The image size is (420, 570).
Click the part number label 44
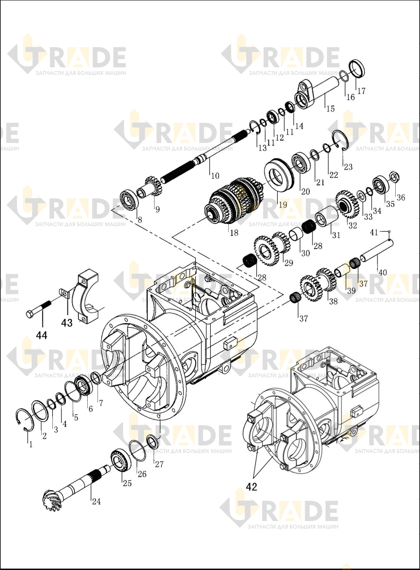coord(42,334)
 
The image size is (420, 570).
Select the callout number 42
coord(251,487)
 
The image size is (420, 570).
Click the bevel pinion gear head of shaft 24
coord(50,499)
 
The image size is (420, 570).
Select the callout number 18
coord(234,233)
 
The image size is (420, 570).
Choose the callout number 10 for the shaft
coord(215,175)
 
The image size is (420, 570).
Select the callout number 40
coord(382,272)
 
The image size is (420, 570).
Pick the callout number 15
coord(330,109)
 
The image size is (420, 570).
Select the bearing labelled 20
coord(301,162)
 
